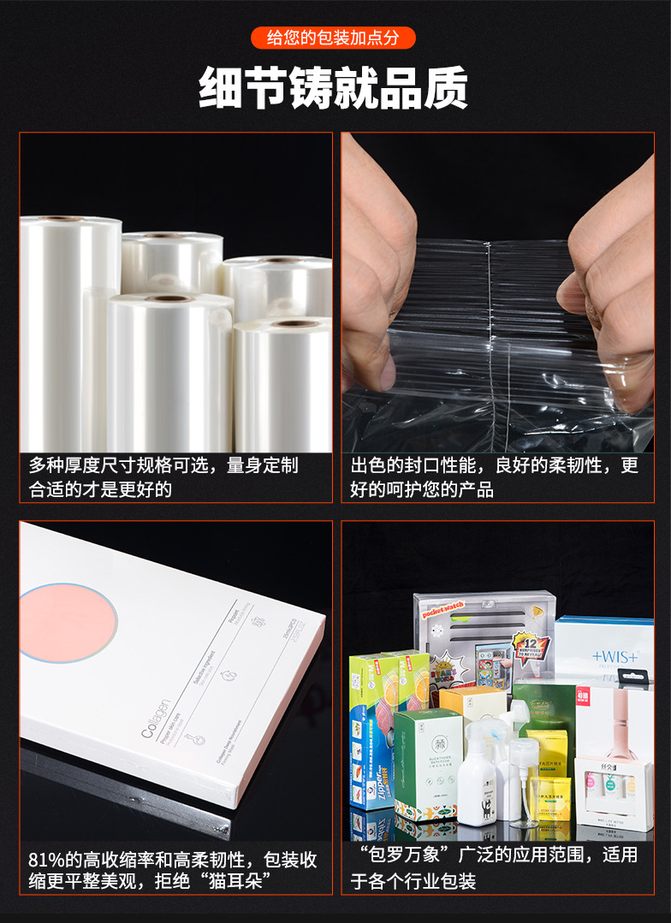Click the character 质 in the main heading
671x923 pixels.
coord(446,87)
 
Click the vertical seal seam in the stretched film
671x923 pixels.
coord(490,342)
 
